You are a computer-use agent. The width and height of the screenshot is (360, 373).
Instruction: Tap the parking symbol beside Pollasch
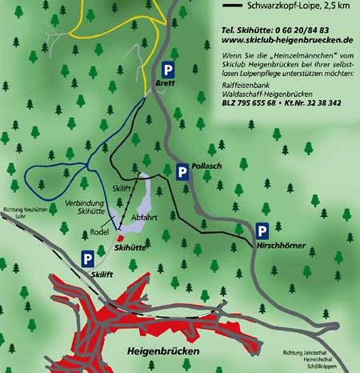tap(183, 171)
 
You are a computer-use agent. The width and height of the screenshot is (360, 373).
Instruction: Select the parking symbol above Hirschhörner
tap(262, 232)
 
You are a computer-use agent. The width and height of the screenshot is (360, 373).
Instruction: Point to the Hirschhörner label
tap(282, 246)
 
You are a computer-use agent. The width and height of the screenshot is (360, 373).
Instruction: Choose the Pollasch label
tap(206, 166)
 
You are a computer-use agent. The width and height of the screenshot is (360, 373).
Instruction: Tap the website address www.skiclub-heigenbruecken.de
tap(286, 38)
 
